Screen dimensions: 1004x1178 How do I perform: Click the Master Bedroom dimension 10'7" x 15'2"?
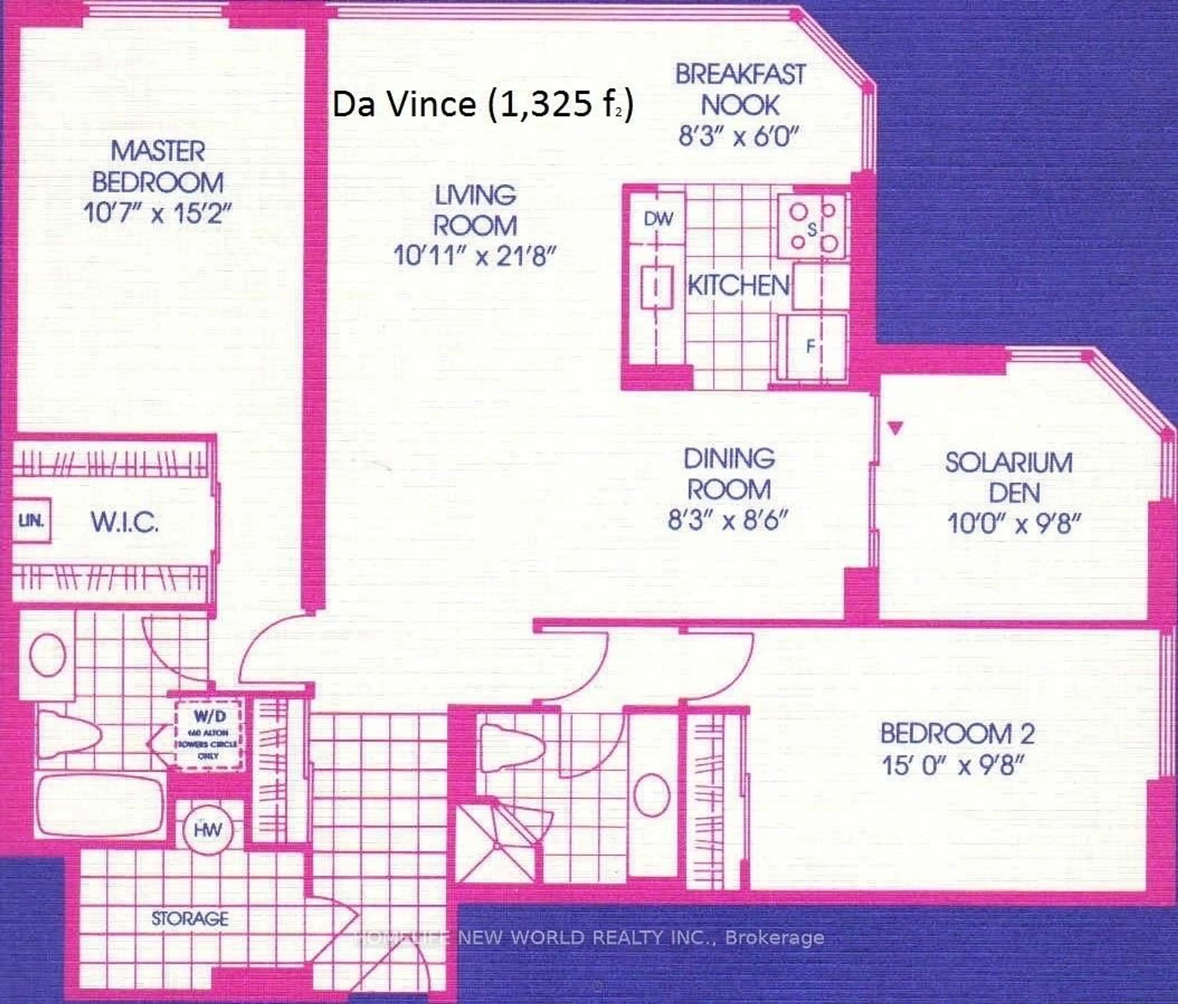tap(158, 214)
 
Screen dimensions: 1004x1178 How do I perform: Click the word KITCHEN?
tap(738, 285)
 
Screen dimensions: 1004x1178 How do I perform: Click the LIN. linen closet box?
tap(31, 520)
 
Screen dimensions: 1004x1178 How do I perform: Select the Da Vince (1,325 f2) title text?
tap(482, 105)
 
